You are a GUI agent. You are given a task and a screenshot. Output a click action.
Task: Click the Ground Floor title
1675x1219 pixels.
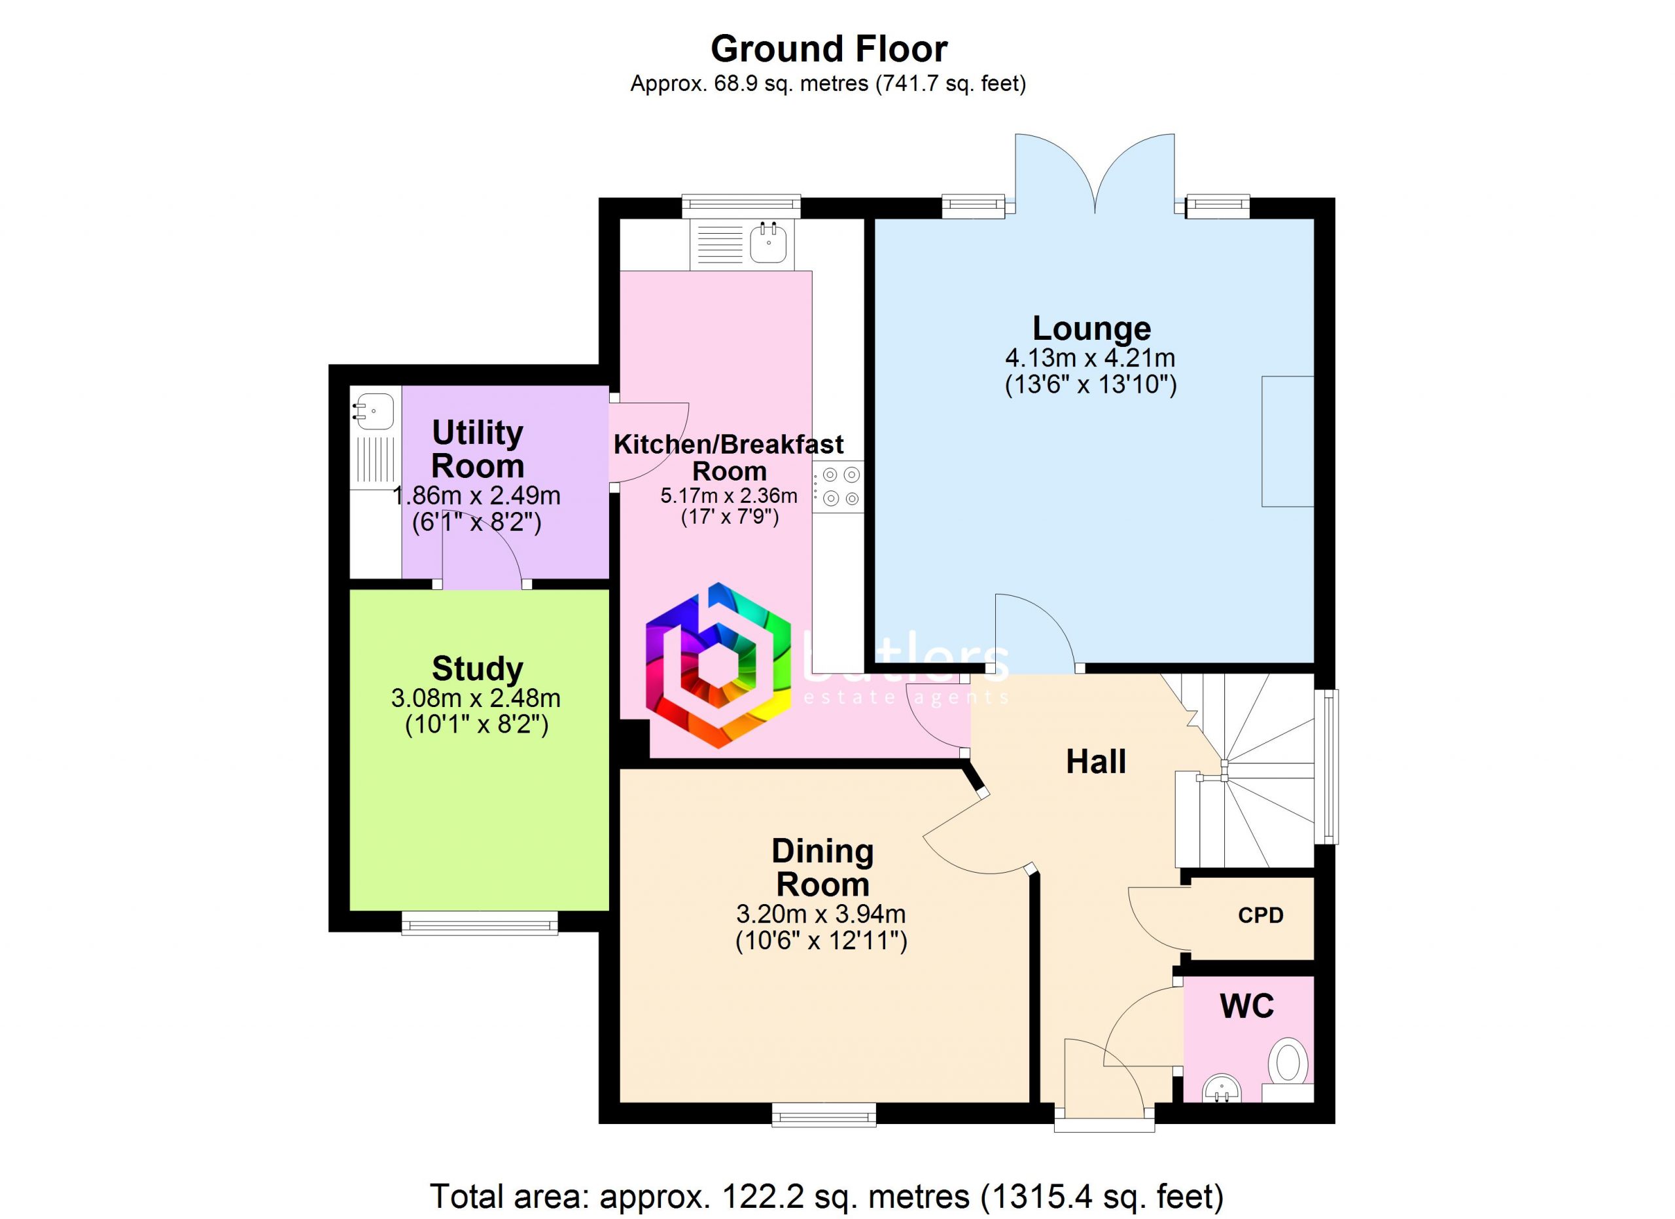tap(828, 50)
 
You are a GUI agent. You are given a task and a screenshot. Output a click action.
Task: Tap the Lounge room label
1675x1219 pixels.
tap(1091, 329)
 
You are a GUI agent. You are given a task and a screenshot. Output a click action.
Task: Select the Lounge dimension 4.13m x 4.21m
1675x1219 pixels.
tap(1090, 358)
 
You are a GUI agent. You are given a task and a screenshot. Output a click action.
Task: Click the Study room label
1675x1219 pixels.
tap(477, 669)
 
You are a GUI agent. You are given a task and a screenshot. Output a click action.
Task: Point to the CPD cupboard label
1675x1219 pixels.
tap(1261, 915)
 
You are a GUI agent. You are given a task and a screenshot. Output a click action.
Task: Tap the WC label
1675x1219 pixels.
tap(1246, 1006)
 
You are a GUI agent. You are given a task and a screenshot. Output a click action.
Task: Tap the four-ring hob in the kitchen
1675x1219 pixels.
tap(838, 487)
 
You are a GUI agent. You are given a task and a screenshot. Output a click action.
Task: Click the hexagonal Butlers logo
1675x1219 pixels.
tap(718, 666)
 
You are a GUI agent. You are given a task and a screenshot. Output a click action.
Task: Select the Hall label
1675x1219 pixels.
tap(1096, 761)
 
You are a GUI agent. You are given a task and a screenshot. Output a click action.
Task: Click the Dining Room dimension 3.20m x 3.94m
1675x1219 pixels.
tap(820, 915)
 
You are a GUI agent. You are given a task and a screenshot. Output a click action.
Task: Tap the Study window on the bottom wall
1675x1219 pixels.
tap(480, 922)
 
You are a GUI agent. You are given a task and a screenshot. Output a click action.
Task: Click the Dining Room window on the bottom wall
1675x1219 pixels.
tap(824, 1115)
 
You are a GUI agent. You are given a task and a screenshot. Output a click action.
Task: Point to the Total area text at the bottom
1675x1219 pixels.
tap(827, 1196)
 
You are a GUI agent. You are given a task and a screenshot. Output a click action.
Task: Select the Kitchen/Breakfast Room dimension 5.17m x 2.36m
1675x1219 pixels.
tap(728, 496)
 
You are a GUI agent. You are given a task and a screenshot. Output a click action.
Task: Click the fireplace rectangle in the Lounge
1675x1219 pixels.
tap(1287, 441)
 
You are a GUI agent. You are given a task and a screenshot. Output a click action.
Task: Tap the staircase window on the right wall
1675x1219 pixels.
tap(1326, 766)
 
